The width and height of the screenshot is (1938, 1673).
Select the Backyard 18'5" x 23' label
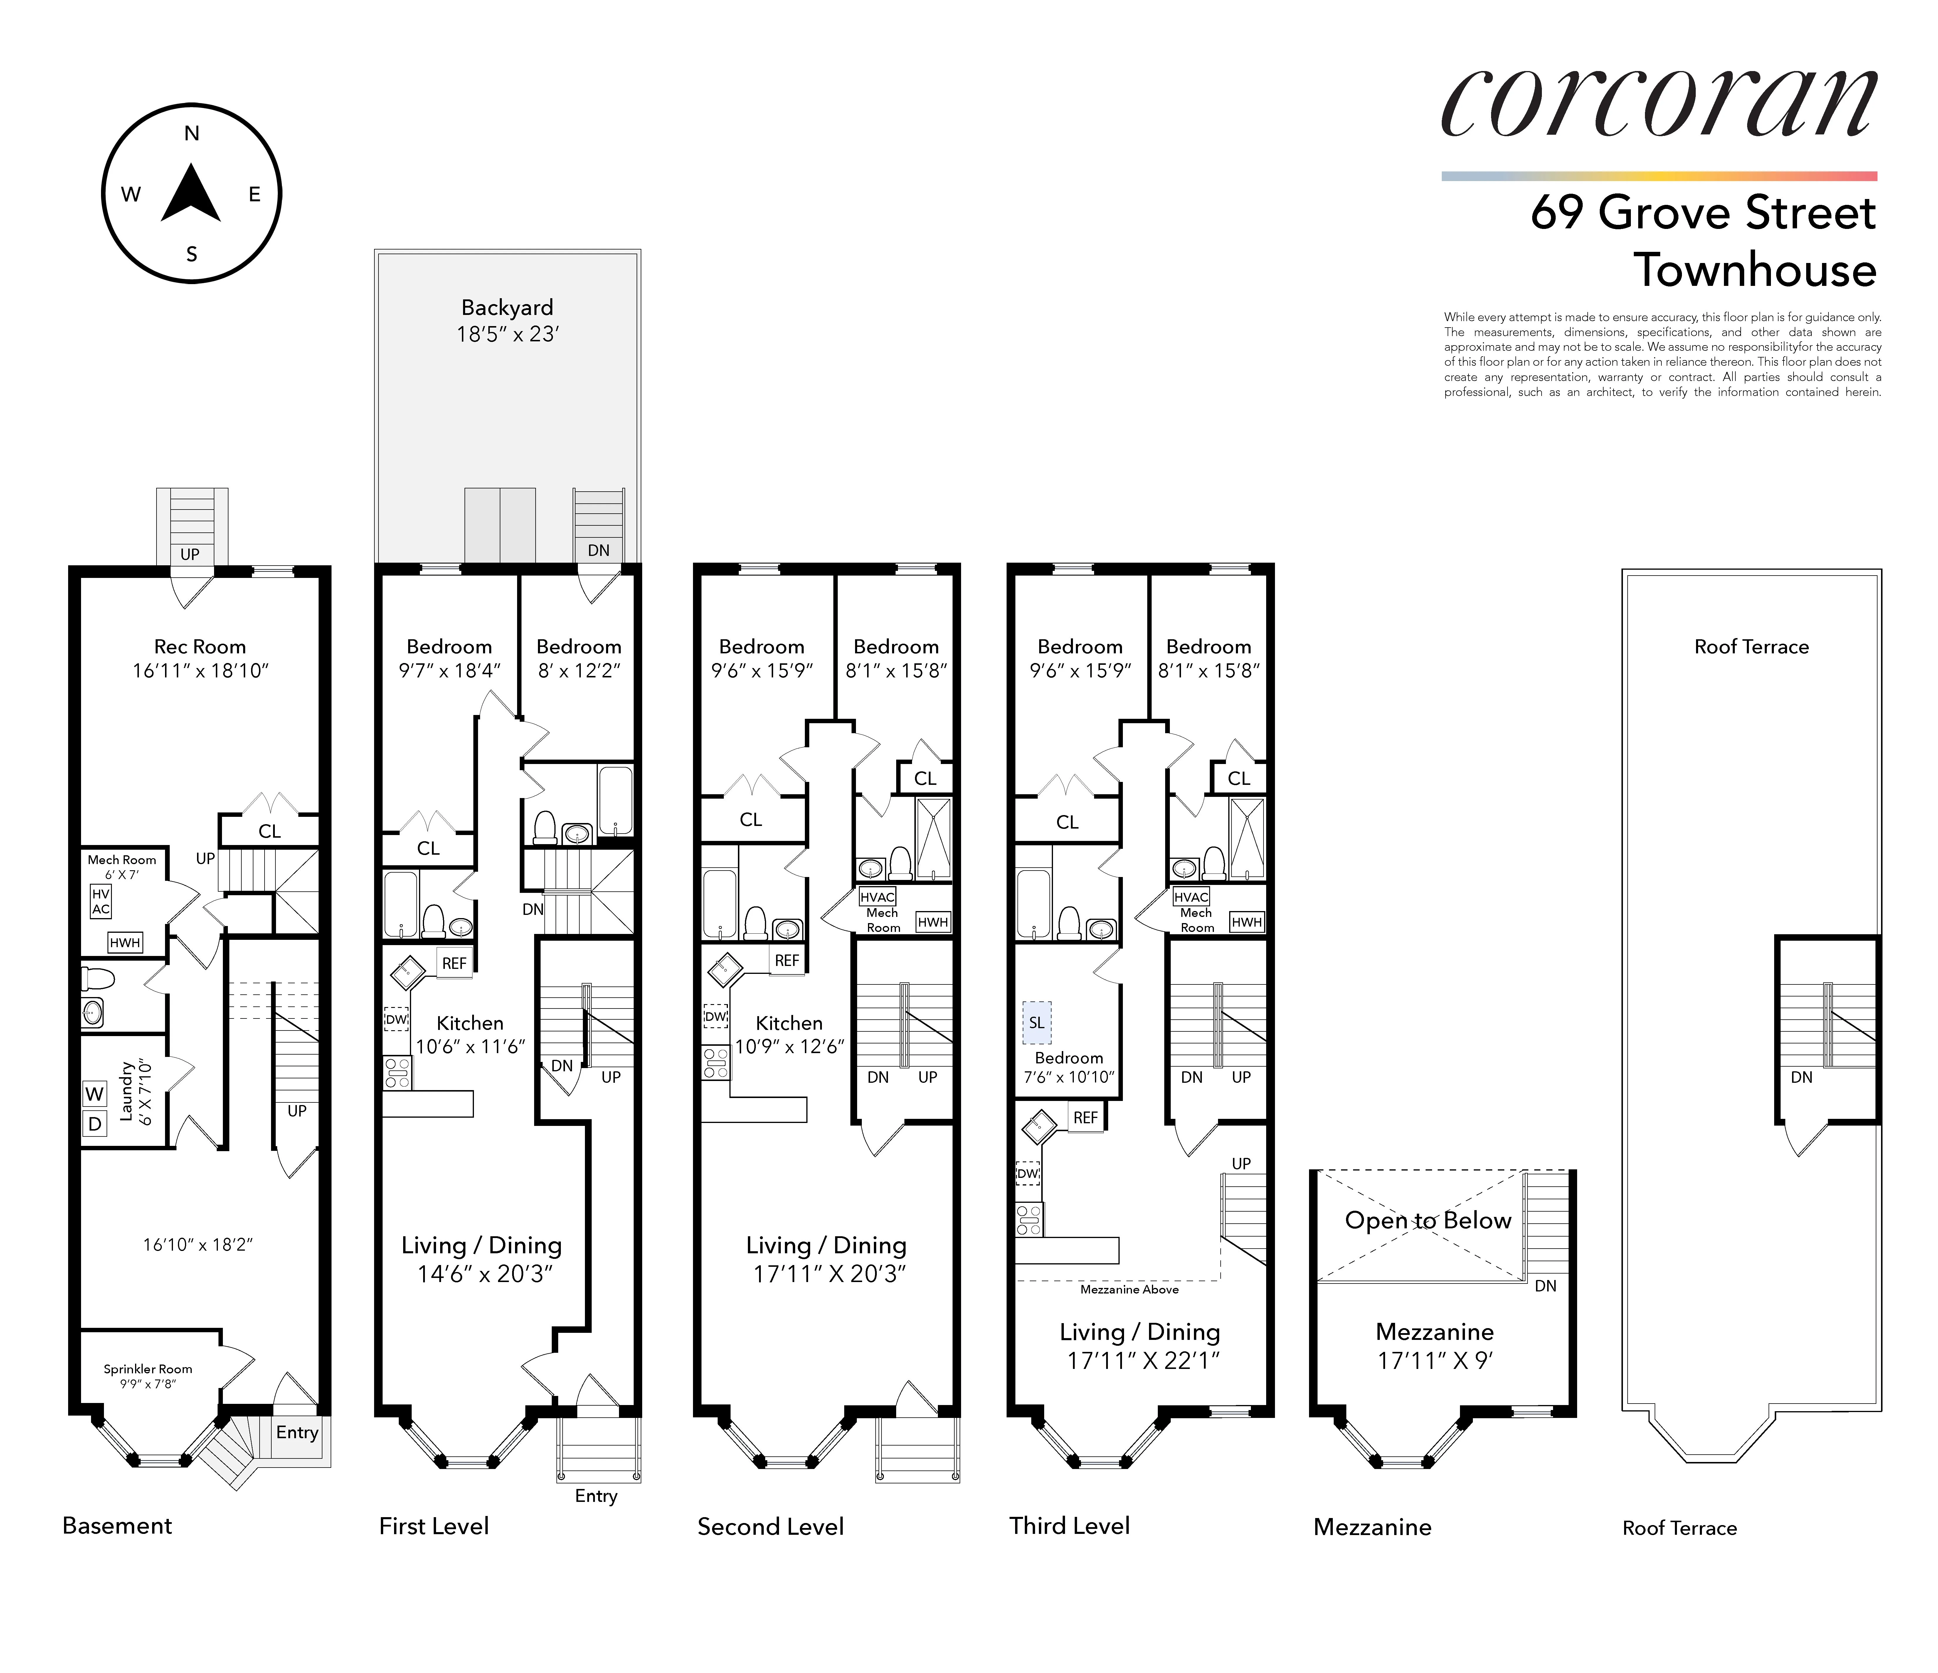(507, 321)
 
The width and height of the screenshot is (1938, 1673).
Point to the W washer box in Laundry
(95, 1093)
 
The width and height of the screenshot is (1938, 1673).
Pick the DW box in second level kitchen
(716, 1016)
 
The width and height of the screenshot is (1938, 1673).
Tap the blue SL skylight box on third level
(1036, 1022)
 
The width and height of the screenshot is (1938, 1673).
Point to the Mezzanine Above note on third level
(1129, 1290)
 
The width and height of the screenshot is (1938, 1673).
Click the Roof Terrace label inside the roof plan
(1751, 646)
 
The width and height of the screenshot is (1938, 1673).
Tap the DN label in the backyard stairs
(599, 550)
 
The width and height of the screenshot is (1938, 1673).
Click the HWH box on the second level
(933, 922)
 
